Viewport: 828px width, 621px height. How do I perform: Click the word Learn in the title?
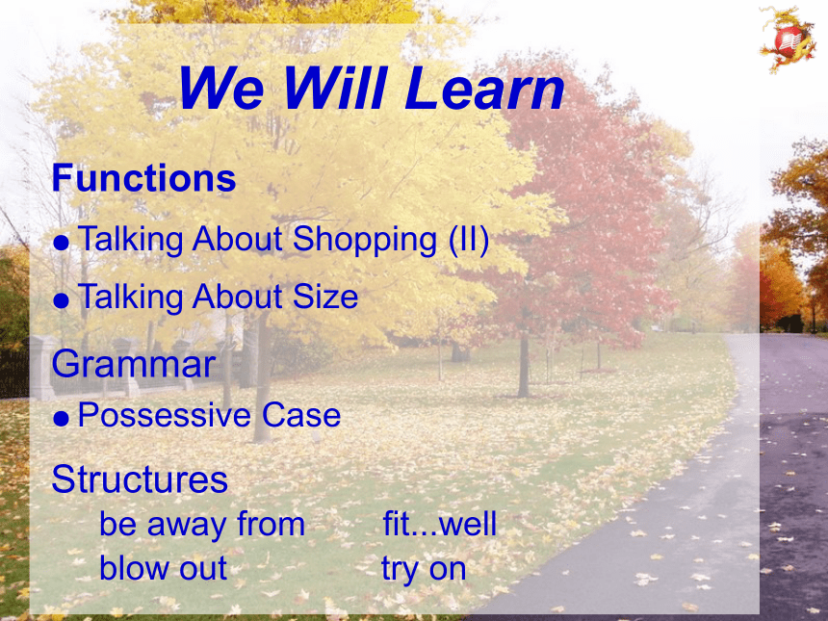(x=486, y=89)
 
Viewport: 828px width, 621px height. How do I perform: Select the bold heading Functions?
(x=143, y=178)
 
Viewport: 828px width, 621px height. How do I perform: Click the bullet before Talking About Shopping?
(x=62, y=243)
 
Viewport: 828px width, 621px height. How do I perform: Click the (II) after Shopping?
(x=468, y=240)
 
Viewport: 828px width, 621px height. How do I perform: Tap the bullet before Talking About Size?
(x=62, y=300)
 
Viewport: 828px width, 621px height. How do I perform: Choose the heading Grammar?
(x=134, y=364)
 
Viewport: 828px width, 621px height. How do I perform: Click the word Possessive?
(x=165, y=415)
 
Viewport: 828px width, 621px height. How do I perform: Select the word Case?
(x=301, y=415)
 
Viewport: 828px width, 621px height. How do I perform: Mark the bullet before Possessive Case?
(x=62, y=419)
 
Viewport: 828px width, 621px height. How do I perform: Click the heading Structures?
(x=140, y=479)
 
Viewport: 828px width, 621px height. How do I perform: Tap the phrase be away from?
(x=202, y=524)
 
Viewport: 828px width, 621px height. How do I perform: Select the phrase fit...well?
(x=439, y=524)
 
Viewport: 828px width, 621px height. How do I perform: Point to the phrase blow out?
(x=163, y=568)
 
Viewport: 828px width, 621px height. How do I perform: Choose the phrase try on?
(x=424, y=570)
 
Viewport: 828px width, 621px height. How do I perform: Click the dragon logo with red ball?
(x=788, y=39)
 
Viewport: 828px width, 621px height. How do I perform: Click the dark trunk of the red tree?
(x=524, y=364)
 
